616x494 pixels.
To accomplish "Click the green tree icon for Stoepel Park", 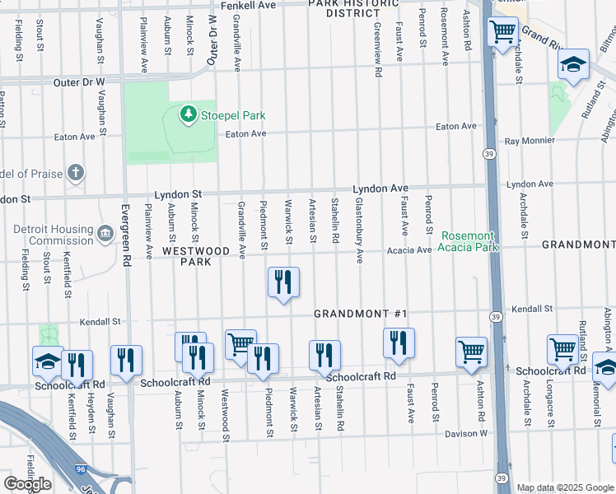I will coord(189,114).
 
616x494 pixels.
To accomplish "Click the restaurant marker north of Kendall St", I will coord(282,282).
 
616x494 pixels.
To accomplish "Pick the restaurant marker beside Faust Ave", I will coord(399,342).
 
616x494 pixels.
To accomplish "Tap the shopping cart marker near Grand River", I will coord(502,33).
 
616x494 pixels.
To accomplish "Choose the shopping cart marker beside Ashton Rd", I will coord(471,352).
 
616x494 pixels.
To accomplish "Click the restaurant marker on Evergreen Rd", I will coord(127,360).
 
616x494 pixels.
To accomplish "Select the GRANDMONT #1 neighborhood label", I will coord(361,315).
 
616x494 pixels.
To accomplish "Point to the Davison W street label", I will coord(467,433).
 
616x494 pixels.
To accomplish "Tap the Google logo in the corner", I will coord(27,483).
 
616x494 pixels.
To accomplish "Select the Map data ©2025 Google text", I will coord(565,487).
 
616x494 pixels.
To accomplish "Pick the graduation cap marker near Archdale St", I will coord(573,65).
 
